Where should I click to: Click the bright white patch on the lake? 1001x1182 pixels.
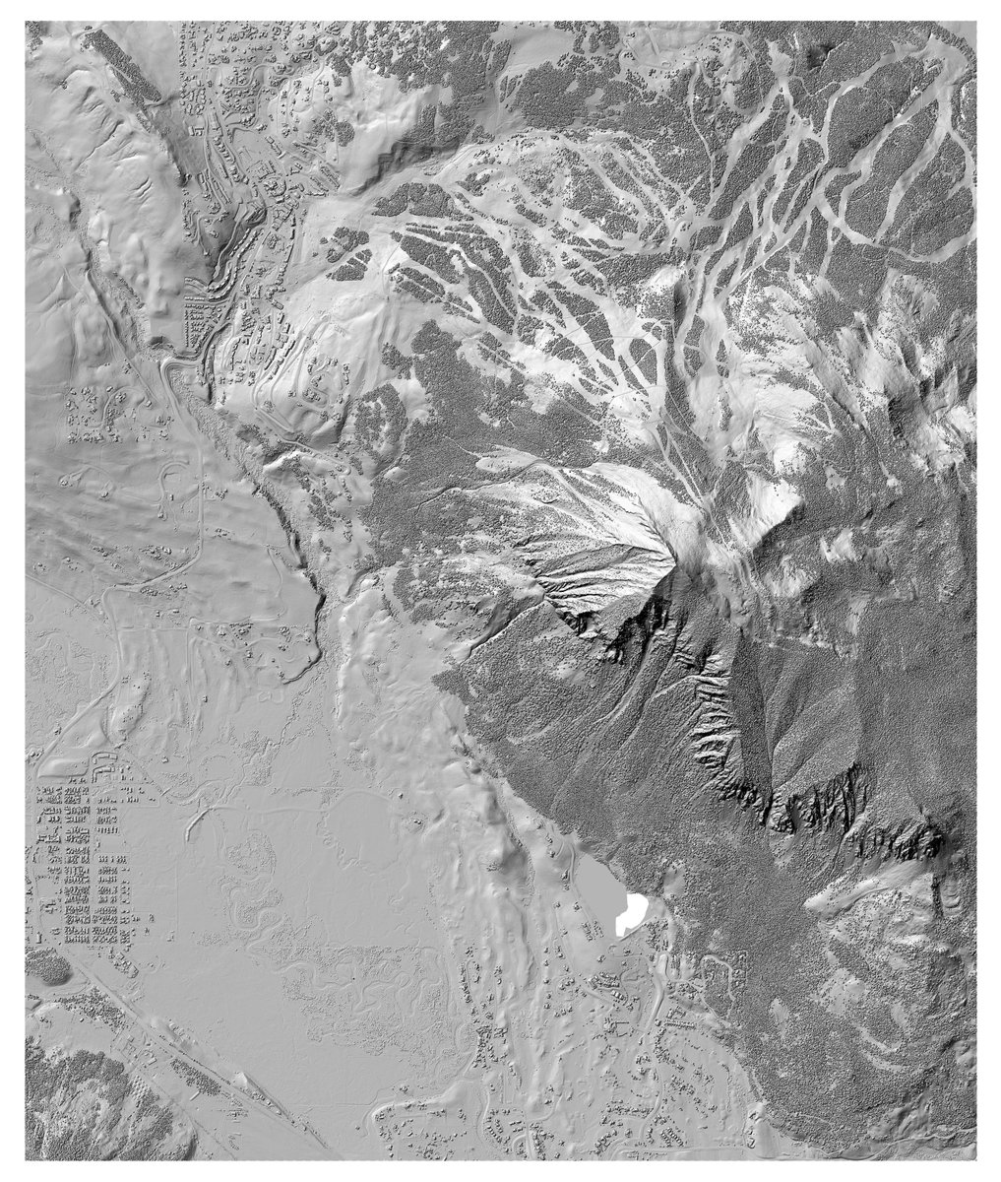pyautogui.click(x=630, y=915)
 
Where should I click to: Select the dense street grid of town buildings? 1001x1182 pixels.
pyautogui.click(x=84, y=867)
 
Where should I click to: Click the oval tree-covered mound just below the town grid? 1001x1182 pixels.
pyautogui.click(x=46, y=969)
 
